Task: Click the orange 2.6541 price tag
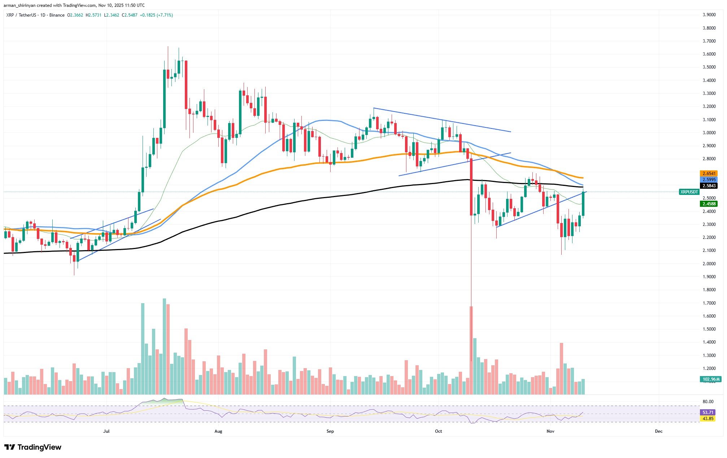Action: (708, 174)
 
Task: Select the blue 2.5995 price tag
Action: (708, 180)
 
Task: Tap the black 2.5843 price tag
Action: (708, 186)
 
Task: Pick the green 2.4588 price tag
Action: (708, 204)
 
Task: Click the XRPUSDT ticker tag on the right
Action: (689, 192)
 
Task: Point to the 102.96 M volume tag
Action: (710, 379)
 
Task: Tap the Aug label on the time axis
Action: (218, 431)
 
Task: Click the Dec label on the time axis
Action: (659, 431)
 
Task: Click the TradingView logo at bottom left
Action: (33, 448)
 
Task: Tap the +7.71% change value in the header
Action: (166, 15)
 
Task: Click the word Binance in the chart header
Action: (57, 15)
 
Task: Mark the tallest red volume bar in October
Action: (471, 350)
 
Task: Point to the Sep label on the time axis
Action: (330, 431)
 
